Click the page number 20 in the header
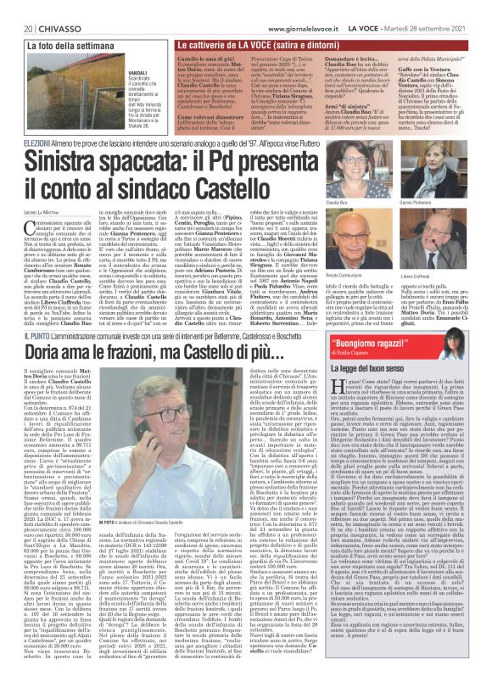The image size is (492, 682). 15,7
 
